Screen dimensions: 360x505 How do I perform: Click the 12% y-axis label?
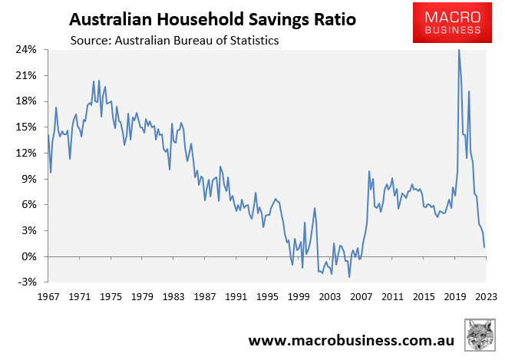[26, 154]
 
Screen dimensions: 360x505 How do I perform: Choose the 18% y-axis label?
[26, 101]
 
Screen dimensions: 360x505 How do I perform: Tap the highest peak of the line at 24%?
[459, 50]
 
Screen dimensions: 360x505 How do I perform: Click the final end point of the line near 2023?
[484, 246]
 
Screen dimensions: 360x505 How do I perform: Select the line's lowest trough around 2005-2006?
[349, 277]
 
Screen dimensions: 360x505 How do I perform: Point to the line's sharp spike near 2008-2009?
[369, 171]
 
